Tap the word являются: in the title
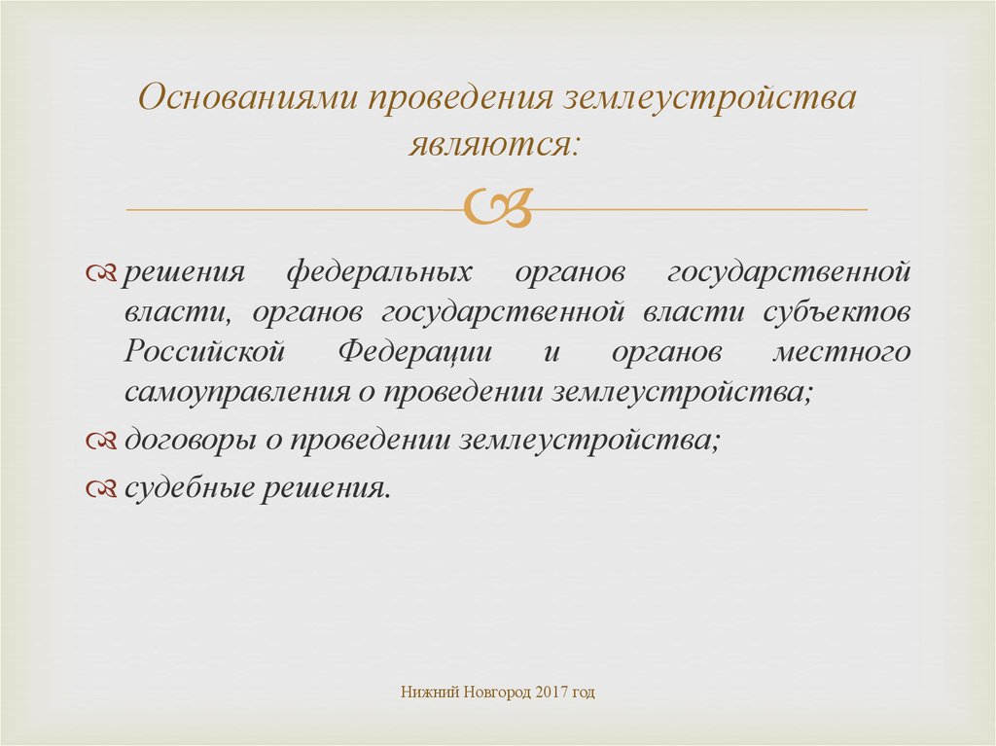pyautogui.click(x=494, y=145)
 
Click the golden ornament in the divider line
pyautogui.click(x=497, y=207)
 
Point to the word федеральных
pyautogui.click(x=379, y=272)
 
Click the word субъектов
pyautogui.click(x=836, y=312)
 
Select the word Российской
pyautogui.click(x=204, y=351)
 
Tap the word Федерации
pyautogui.click(x=414, y=352)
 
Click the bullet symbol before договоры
pyautogui.click(x=101, y=441)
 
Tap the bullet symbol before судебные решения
pyautogui.click(x=101, y=488)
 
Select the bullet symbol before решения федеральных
pyautogui.click(x=101, y=273)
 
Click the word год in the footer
pyautogui.click(x=584, y=692)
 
